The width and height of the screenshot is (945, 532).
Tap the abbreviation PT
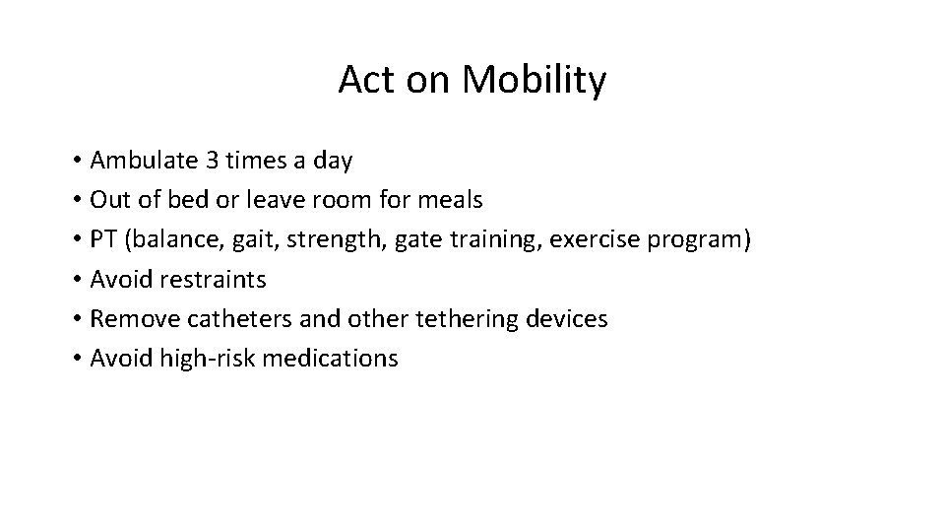(x=102, y=239)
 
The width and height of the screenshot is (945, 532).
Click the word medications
(x=329, y=358)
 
